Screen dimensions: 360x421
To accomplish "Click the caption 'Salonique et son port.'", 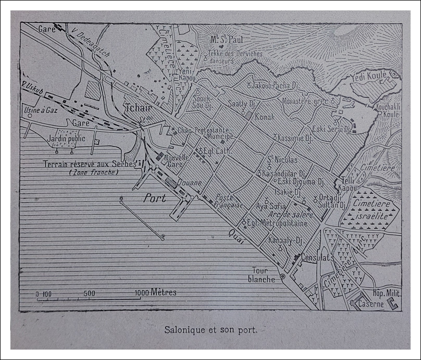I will [211, 330].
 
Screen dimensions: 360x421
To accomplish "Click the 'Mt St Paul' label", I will [227, 40].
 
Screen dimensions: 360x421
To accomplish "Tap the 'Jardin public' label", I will [66, 138].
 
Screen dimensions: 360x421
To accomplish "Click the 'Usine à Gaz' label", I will [41, 110].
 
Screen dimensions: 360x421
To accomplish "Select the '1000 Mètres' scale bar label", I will [155, 292].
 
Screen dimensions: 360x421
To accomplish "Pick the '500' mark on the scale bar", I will [89, 293].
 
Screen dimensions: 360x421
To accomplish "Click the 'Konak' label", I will [265, 117].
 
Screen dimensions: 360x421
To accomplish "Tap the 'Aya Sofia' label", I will [271, 206].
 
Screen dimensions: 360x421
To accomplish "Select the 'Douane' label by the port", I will [190, 183].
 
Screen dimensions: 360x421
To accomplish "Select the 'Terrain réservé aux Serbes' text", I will [90, 164].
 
